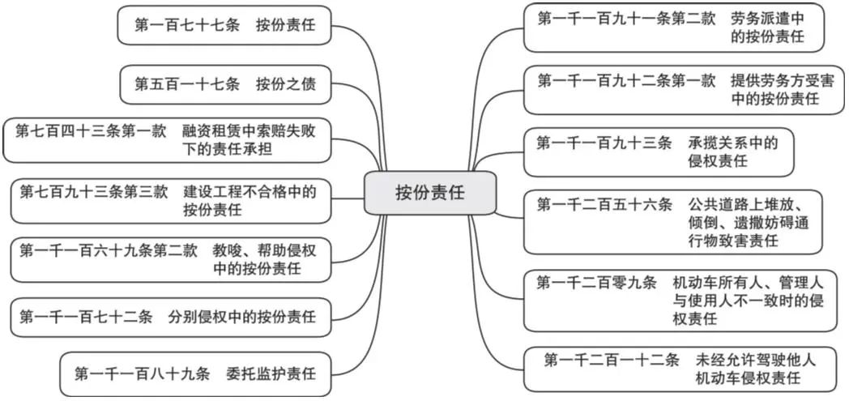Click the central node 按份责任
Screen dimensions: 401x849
429,193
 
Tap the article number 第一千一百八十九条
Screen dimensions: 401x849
143,373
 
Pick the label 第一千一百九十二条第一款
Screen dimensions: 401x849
625,80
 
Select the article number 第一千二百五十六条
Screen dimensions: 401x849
604,204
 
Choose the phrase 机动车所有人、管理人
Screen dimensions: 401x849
748,283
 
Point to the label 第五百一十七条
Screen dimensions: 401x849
187,83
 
